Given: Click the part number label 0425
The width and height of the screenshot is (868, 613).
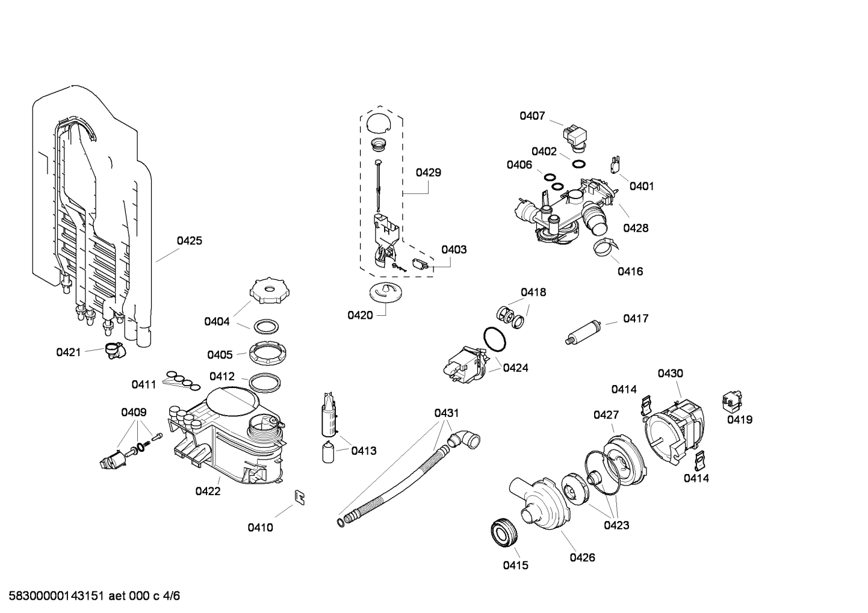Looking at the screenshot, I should pyautogui.click(x=189, y=241).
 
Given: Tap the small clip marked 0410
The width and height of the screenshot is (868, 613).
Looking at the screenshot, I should pyautogui.click(x=299, y=497).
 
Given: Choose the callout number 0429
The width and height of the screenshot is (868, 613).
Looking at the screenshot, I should pyautogui.click(x=428, y=173).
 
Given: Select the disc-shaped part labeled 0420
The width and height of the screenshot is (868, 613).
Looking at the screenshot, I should pyautogui.click(x=384, y=292).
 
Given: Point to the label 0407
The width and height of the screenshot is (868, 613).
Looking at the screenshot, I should pyautogui.click(x=532, y=116).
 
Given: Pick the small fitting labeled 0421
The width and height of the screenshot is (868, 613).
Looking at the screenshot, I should pyautogui.click(x=113, y=350).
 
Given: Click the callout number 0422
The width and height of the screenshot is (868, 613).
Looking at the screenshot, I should pyautogui.click(x=208, y=491).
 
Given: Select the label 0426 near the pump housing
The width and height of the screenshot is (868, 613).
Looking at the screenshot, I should pyautogui.click(x=582, y=558).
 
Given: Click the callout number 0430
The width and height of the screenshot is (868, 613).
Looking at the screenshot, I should pyautogui.click(x=670, y=374).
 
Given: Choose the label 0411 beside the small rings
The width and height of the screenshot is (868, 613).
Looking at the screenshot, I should pyautogui.click(x=144, y=384).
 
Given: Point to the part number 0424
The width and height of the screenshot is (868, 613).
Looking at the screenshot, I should pyautogui.click(x=515, y=368).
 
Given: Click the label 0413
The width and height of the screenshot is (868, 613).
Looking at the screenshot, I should pyautogui.click(x=364, y=451).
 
